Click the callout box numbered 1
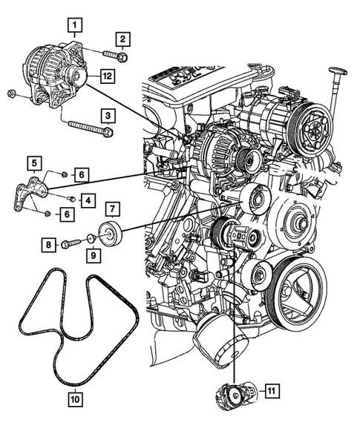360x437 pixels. (x=74, y=25)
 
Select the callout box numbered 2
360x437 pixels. (x=122, y=39)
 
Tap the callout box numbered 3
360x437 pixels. (x=108, y=116)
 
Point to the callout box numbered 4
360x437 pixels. (x=88, y=200)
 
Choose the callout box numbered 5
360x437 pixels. (x=34, y=163)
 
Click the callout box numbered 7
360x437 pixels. (x=112, y=208)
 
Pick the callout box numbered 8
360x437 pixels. (x=49, y=245)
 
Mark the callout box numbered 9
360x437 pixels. (x=93, y=255)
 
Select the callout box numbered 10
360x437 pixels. (x=75, y=399)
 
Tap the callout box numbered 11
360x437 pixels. (x=272, y=391)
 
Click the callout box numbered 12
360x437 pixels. (x=108, y=76)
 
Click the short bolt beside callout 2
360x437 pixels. (x=116, y=55)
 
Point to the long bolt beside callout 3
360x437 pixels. (x=91, y=128)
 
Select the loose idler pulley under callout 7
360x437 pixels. (x=110, y=234)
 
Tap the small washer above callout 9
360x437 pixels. (x=91, y=238)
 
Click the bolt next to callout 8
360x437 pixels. (x=71, y=243)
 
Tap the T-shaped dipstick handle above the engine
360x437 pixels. (x=338, y=73)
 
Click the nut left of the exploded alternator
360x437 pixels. (x=11, y=93)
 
